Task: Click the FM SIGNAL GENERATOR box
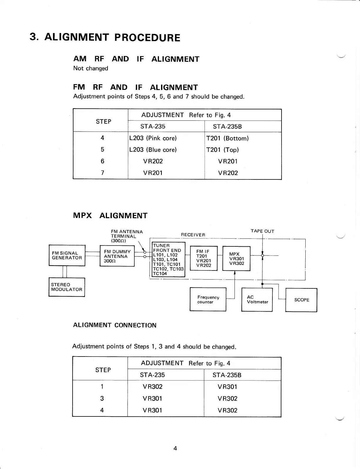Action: (x=67, y=255)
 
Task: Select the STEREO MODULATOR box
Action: (x=67, y=287)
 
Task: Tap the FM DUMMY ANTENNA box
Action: (x=117, y=256)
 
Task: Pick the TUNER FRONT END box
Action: (x=168, y=259)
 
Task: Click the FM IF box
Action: (x=204, y=258)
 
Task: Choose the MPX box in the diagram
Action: (x=236, y=258)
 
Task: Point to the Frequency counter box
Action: (x=208, y=299)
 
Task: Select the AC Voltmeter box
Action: (x=257, y=299)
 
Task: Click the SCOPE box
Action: (x=301, y=300)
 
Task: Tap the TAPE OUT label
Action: (x=262, y=231)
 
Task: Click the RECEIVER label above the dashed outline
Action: (x=193, y=235)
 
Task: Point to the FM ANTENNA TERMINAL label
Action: (x=126, y=236)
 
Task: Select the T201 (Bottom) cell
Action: (x=227, y=138)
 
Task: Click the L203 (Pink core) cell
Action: (x=153, y=138)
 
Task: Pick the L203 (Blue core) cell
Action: (x=153, y=150)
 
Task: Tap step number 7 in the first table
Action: (x=102, y=173)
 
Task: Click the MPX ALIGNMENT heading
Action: (x=110, y=216)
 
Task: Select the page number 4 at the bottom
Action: (x=175, y=448)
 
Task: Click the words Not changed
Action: (x=91, y=68)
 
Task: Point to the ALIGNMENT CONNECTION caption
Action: (x=115, y=325)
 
